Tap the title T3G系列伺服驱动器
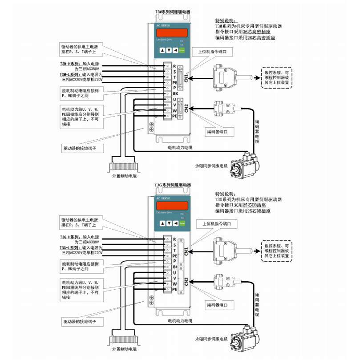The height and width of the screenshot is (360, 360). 172,184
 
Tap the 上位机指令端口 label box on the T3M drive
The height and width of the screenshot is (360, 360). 213,52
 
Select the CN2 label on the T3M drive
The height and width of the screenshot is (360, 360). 186,109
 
